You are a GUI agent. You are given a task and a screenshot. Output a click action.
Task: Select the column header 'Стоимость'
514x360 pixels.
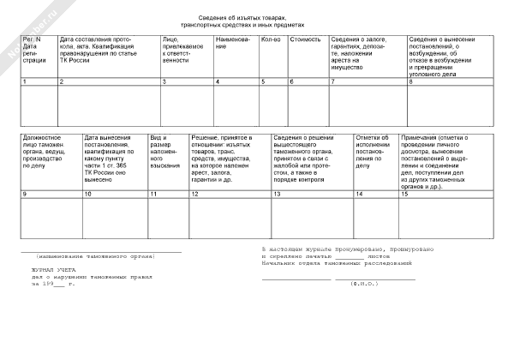[x=306, y=39]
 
